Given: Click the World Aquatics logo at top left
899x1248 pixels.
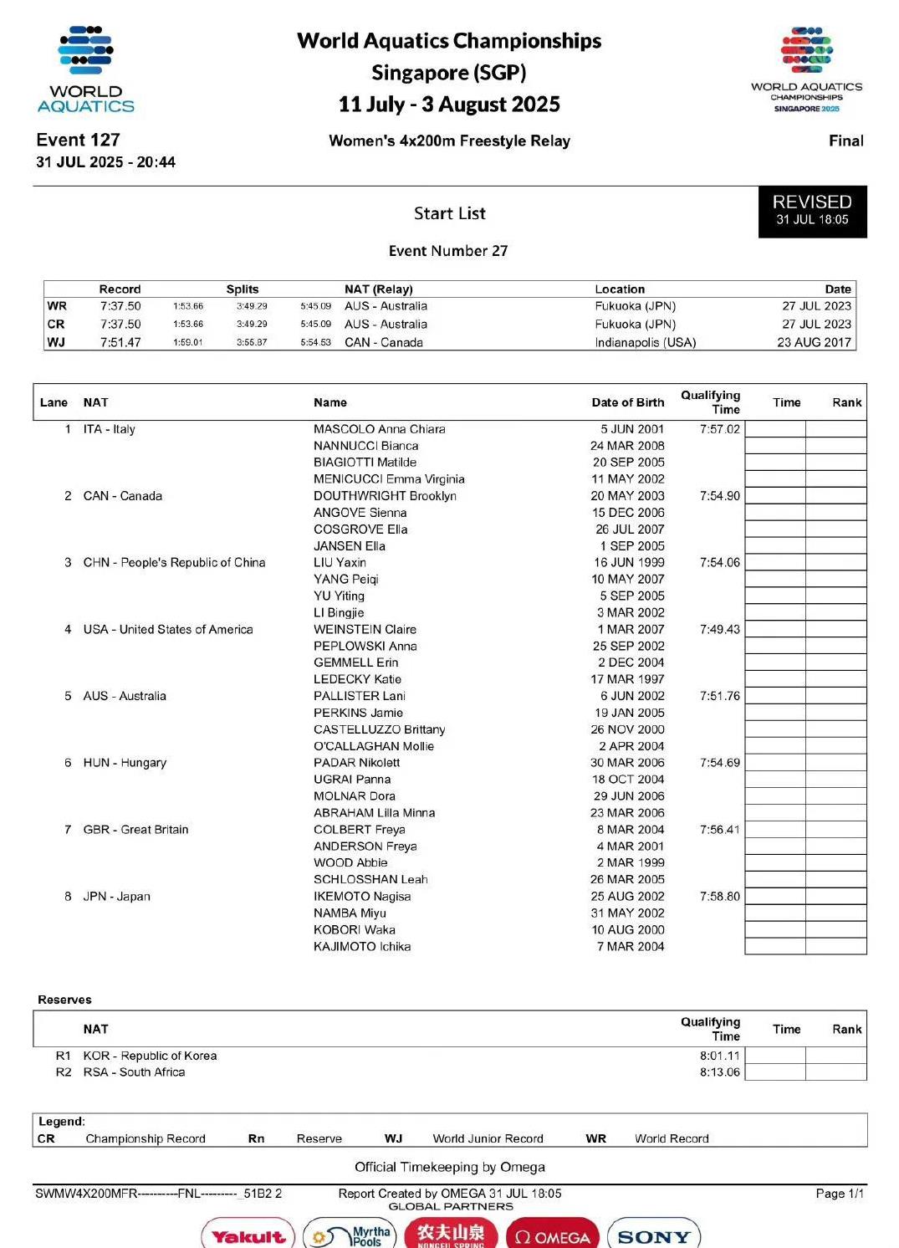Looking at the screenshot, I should coord(85,69).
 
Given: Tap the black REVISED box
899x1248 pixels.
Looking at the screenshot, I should coord(812,211).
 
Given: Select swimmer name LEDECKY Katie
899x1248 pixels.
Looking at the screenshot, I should coord(357,679).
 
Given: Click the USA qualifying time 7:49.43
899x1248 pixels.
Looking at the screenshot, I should coord(719,629).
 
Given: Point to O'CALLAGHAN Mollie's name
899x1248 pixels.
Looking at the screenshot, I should coord(373,746).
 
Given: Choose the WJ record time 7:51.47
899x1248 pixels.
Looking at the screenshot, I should coord(120,342).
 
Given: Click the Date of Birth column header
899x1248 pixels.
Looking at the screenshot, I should coord(627,402).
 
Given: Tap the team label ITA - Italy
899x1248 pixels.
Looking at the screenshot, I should coord(109,429).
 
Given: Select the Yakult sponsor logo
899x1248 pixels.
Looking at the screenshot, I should coord(248,1236).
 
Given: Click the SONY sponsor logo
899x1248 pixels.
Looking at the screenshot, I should coord(654,1236).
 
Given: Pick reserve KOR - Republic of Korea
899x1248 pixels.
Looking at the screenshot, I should coord(150,1056).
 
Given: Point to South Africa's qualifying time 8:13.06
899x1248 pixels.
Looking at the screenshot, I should coord(719,1072).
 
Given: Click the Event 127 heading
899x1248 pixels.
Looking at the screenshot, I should coord(78,140).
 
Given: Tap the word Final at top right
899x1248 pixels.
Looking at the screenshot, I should coord(845,141).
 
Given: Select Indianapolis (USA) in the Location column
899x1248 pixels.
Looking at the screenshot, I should coord(645,342).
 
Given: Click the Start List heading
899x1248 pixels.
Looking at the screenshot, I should coord(449,213).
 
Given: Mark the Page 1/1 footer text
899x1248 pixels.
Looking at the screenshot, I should coord(839,1194).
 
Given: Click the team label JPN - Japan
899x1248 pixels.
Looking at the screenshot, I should coord(116,897).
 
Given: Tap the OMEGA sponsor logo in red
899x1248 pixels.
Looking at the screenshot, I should coord(553,1236).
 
